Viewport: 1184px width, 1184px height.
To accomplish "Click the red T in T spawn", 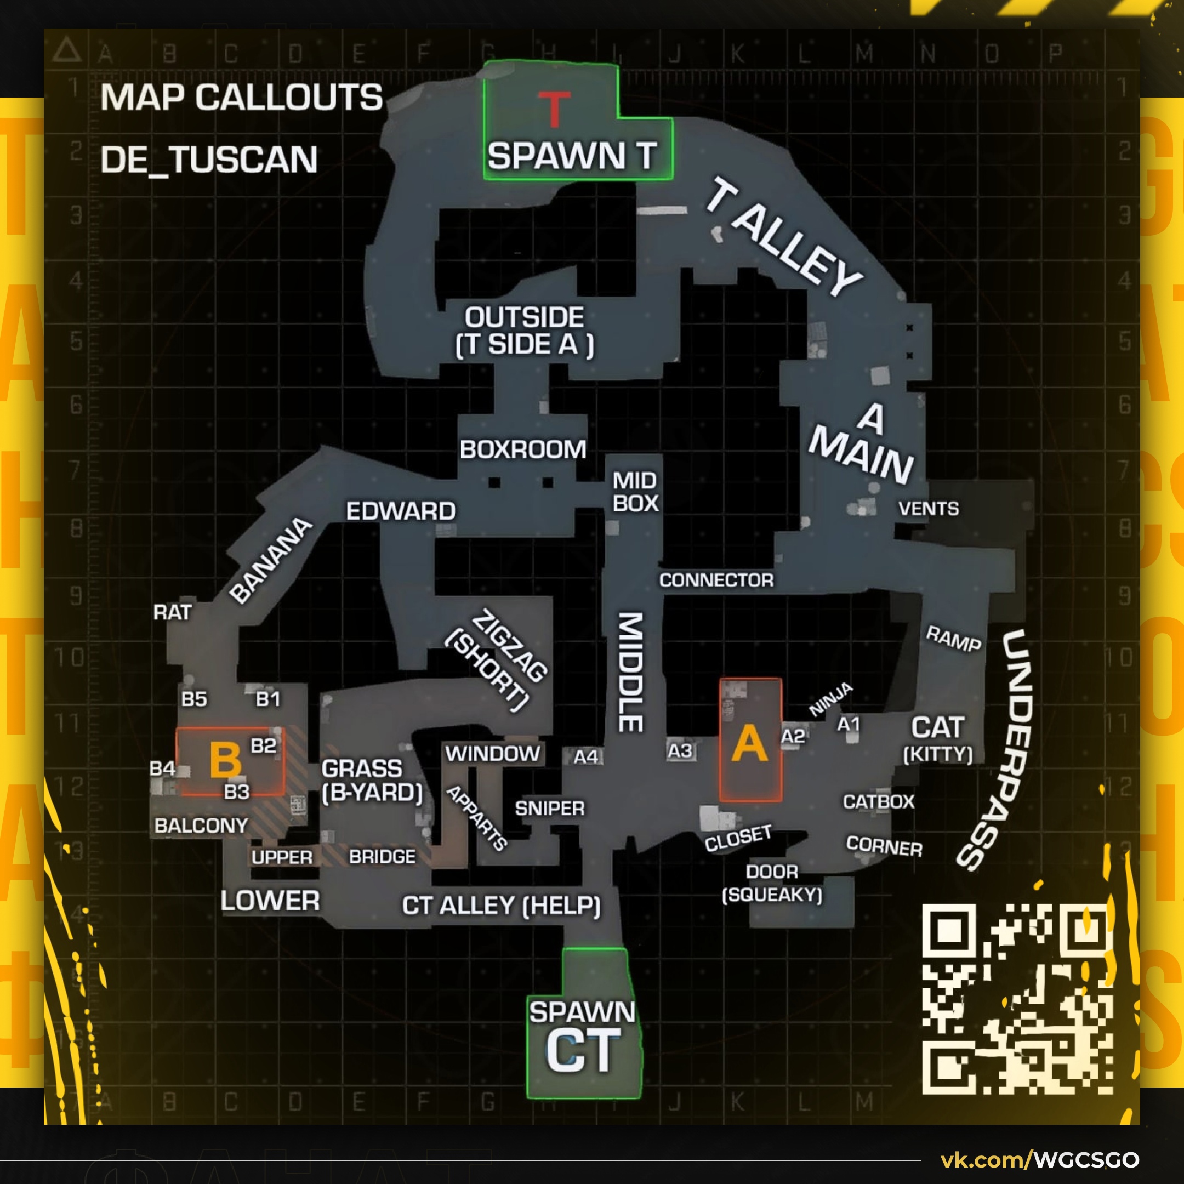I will [x=554, y=109].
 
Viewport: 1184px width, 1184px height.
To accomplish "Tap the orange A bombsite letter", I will [x=749, y=744].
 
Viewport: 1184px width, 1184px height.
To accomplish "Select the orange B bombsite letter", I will [x=225, y=760].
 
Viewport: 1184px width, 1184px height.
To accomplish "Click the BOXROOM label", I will [x=523, y=449].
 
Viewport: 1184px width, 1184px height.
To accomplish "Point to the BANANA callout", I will [x=271, y=560].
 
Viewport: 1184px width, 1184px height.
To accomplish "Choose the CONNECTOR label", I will [x=716, y=580].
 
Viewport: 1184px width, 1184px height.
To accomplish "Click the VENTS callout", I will [x=928, y=508].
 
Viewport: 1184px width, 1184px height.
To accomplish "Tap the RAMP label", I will [x=953, y=639].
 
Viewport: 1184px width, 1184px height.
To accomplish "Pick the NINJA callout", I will [x=830, y=699].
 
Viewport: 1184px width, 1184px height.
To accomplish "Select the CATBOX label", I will [x=878, y=801].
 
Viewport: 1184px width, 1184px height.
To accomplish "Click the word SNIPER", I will [x=549, y=809].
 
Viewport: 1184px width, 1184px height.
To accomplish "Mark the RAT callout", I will [x=172, y=612].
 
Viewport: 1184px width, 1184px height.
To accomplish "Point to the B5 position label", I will [x=193, y=699].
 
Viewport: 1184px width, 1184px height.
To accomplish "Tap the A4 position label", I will [x=585, y=757].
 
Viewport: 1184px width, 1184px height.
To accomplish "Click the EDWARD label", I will [x=400, y=511].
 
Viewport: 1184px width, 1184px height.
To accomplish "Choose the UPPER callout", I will [x=282, y=857].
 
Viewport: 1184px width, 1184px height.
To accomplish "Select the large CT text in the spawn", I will [x=583, y=1052].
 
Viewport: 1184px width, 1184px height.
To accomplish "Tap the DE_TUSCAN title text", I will [x=209, y=160].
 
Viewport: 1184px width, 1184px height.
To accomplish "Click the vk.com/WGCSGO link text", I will [x=1039, y=1159].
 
